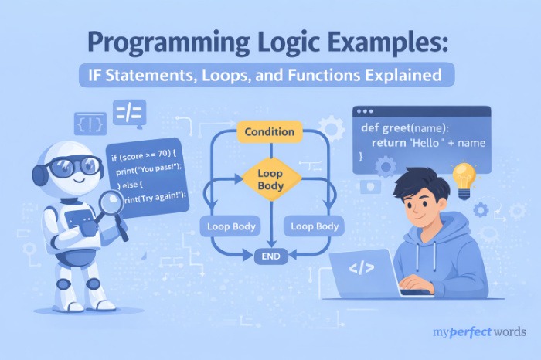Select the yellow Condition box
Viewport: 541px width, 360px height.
coord(269,132)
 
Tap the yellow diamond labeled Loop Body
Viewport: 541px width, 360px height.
coord(270,179)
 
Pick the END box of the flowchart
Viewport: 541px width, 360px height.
coord(270,256)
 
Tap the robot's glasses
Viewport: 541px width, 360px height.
coord(73,165)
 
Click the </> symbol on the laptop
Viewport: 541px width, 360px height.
coord(362,270)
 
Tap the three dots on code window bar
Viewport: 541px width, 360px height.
coord(366,113)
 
